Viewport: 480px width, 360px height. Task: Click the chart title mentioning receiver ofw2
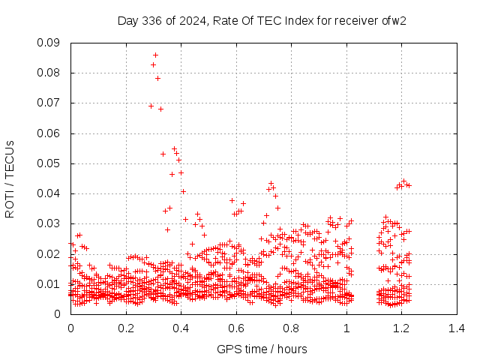point(262,20)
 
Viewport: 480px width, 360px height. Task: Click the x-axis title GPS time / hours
point(262,349)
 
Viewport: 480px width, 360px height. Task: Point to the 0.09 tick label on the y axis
point(51,43)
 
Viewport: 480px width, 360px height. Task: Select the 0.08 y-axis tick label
point(51,73)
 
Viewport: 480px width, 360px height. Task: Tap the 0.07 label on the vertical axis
point(51,103)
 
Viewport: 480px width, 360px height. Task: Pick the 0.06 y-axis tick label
point(51,133)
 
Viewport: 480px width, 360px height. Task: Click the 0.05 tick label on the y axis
point(51,163)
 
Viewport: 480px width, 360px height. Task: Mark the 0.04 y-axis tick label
point(51,193)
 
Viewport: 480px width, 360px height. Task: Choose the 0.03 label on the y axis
point(51,223)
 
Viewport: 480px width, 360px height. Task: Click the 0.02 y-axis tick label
point(51,253)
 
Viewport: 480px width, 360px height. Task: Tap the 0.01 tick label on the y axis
point(51,283)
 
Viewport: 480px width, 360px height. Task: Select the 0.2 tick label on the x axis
point(126,328)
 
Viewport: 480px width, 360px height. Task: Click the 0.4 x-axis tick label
point(181,328)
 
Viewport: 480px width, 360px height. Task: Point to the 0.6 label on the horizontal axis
point(236,328)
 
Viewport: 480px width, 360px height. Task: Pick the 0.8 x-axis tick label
point(291,328)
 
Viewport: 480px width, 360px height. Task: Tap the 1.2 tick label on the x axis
point(401,328)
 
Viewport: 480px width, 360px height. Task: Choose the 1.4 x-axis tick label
point(457,328)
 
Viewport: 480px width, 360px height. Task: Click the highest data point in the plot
point(155,55)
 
